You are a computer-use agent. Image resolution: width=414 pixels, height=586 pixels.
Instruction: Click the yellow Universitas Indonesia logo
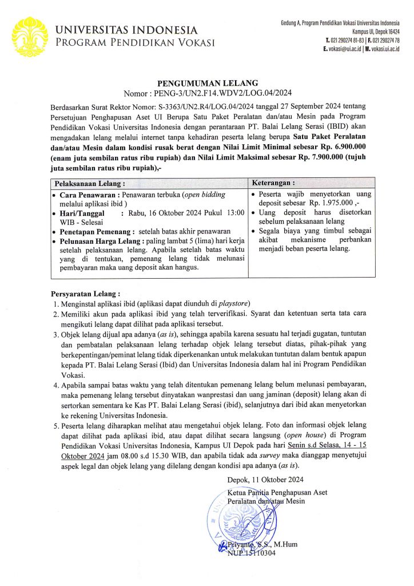tap(29, 36)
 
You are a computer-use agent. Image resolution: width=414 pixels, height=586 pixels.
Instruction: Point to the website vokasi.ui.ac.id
tap(383, 49)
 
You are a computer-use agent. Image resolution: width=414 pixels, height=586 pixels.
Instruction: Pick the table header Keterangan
tap(276, 183)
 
